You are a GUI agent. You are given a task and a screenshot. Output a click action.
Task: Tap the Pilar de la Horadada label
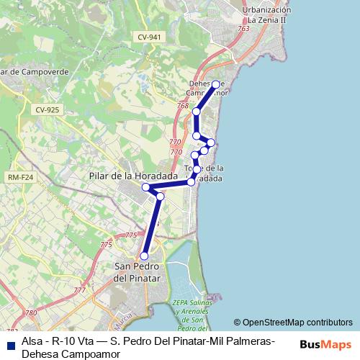[x=133, y=176]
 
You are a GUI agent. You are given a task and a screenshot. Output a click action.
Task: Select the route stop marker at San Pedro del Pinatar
[x=144, y=256]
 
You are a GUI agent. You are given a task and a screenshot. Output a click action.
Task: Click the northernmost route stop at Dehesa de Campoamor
[x=216, y=84]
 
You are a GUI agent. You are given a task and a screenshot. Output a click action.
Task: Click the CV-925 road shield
[x=46, y=109]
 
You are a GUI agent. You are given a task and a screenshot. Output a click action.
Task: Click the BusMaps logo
[x=325, y=344]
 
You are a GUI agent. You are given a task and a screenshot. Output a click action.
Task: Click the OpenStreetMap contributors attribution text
[x=297, y=323]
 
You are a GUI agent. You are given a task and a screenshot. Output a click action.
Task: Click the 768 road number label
[x=182, y=106]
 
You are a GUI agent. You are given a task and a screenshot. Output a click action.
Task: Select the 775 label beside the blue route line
[x=130, y=235]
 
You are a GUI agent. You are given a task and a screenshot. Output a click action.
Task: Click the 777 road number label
[x=79, y=290]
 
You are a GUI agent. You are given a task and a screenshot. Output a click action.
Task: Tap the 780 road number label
[x=30, y=313]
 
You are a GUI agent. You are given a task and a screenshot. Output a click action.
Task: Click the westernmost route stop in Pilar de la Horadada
[x=145, y=187]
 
